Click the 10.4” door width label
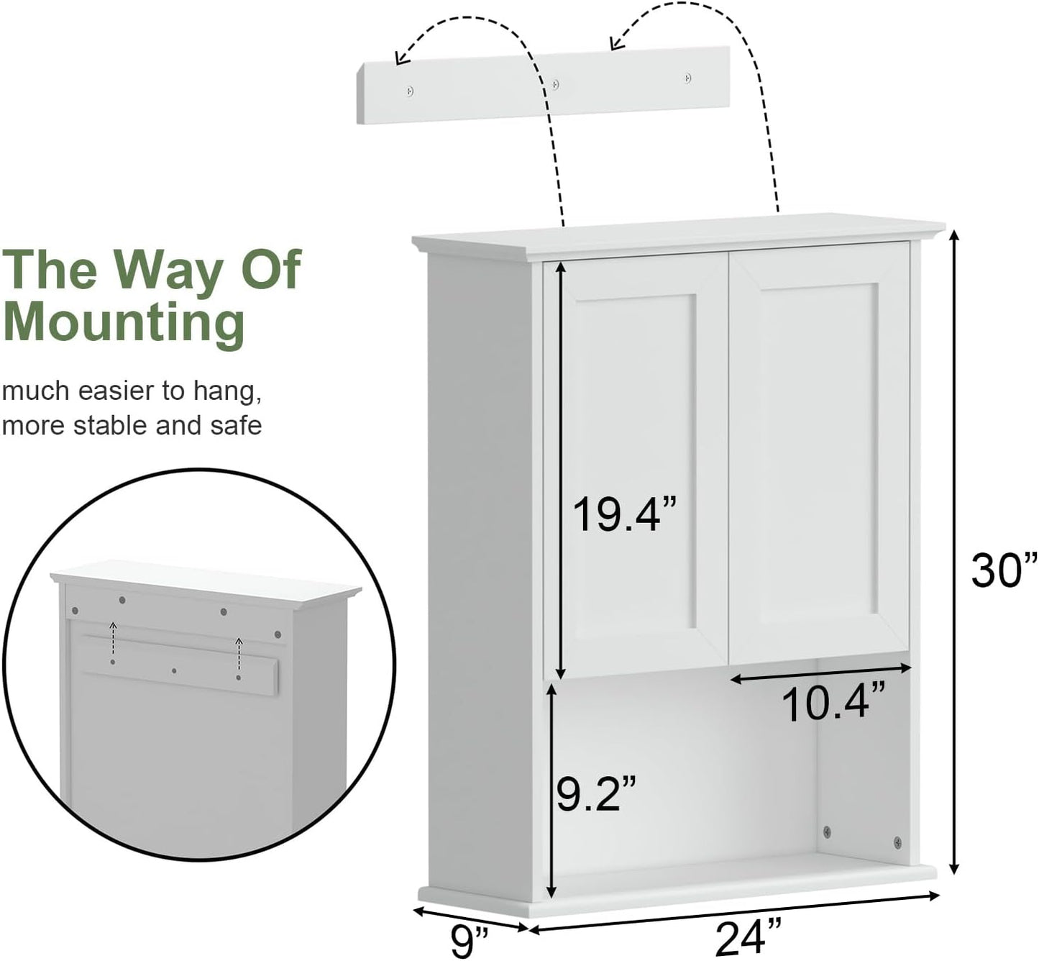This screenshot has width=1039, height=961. click(x=833, y=703)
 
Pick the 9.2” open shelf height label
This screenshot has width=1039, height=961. click(x=596, y=792)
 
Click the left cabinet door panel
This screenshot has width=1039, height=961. click(x=636, y=468)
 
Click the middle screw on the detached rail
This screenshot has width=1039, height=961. click(x=554, y=84)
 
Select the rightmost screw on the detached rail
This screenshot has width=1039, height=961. click(x=687, y=77)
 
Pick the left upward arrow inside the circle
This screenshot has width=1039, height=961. click(x=113, y=628)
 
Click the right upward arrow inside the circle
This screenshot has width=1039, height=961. click(x=239, y=640)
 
